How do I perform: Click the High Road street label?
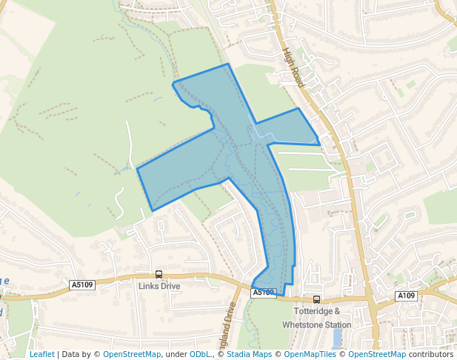[x=293, y=68]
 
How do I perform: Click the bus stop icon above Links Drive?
[x=159, y=274]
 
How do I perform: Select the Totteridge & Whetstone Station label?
[x=317, y=318]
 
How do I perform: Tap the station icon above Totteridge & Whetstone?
[x=316, y=299]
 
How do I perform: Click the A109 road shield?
[x=406, y=296]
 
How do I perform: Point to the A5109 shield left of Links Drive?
[x=82, y=284]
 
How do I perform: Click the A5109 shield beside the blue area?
[x=264, y=293]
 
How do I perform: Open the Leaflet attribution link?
[x=41, y=354]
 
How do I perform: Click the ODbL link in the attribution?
[x=201, y=354]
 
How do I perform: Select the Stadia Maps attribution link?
[x=250, y=354]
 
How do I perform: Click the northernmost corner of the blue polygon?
[x=228, y=64]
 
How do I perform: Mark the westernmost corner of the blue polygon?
[x=138, y=169]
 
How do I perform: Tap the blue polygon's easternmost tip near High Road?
[x=320, y=143]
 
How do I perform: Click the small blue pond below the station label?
[x=338, y=339]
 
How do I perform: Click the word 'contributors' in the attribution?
[x=430, y=354]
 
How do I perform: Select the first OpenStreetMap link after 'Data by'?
[x=132, y=354]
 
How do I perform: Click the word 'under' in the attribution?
[x=176, y=354]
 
